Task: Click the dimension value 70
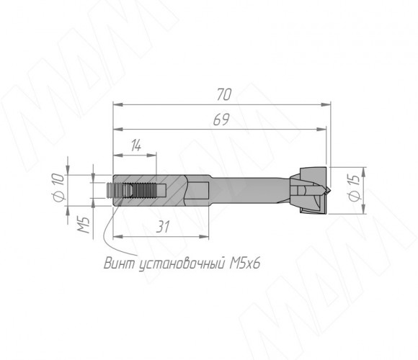point(224,94)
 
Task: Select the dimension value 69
point(221,120)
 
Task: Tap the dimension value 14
point(136,146)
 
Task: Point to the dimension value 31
point(163,227)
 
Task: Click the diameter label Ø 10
point(59,187)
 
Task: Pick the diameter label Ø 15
point(355,188)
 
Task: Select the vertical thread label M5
point(84,225)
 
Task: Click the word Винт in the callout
point(120,264)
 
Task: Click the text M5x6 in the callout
point(244,264)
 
